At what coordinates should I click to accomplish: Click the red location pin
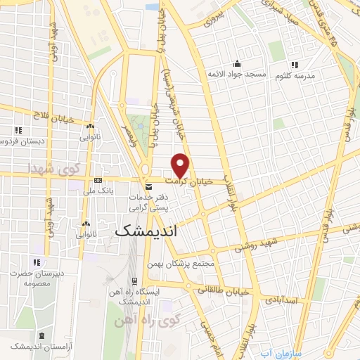pyautogui.click(x=181, y=165)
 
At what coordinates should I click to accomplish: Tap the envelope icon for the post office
pyautogui.click(x=148, y=187)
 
